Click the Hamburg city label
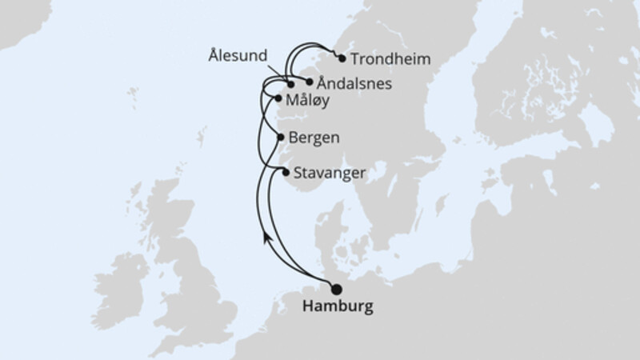338,306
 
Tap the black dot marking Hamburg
336,289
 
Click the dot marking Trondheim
342,58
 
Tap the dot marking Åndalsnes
310,82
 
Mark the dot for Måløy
278,99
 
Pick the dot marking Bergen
280,137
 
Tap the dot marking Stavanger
286,171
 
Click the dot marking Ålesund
292,83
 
